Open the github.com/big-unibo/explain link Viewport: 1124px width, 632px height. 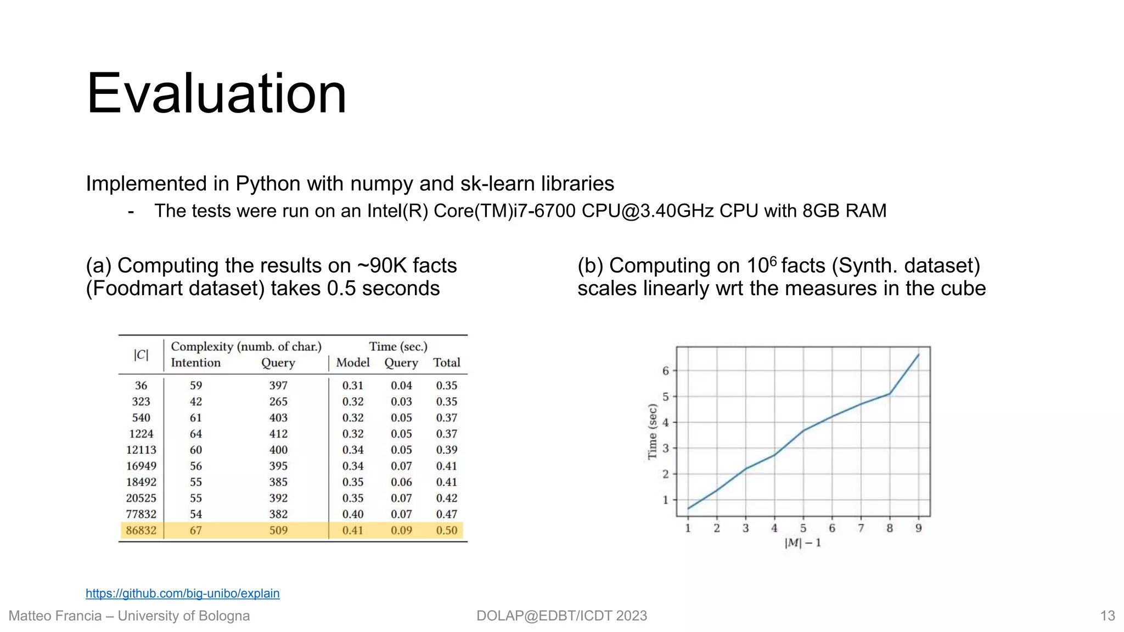pyautogui.click(x=182, y=594)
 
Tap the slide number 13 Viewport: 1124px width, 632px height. pyautogui.click(x=1108, y=616)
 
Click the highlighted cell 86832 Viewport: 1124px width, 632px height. pyautogui.click(x=141, y=531)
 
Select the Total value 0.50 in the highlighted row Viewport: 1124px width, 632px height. pyautogui.click(x=447, y=531)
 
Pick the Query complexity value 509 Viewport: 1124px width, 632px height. pyautogui.click(x=278, y=531)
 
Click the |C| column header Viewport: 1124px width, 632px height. pyautogui.click(x=141, y=355)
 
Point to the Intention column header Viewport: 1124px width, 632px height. pyautogui.click(x=195, y=363)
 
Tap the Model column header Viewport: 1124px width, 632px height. pyautogui.click(x=353, y=363)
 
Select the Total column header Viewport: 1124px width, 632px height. pyautogui.click(x=447, y=363)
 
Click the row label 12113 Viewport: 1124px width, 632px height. pyautogui.click(x=141, y=450)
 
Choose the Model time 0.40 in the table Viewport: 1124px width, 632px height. pyautogui.click(x=353, y=515)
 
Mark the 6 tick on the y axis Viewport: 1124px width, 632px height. pyautogui.click(x=666, y=371)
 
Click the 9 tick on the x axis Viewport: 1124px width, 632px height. pyautogui.click(x=918, y=528)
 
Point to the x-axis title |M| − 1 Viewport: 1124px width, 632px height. pyautogui.click(x=803, y=543)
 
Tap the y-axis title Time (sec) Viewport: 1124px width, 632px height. pyautogui.click(x=652, y=432)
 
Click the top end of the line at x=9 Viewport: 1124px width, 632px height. pyautogui.click(x=918, y=355)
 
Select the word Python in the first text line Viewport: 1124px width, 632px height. pyautogui.click(x=268, y=184)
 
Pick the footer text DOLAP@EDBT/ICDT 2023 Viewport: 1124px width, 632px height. pyautogui.click(x=561, y=616)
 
